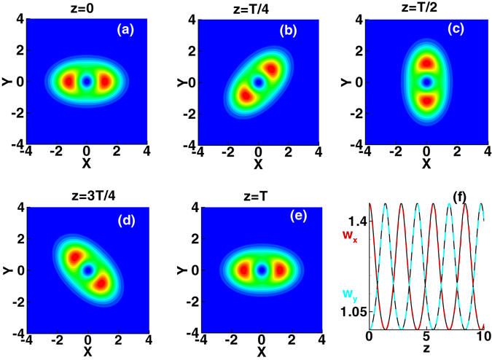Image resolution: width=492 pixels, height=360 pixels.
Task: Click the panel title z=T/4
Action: pyautogui.click(x=258, y=7)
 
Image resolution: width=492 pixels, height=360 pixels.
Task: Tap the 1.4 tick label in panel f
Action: pyautogui.click(x=354, y=220)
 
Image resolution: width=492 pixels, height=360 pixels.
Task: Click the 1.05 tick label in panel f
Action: pyautogui.click(x=350, y=313)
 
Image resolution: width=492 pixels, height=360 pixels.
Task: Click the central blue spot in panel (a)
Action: pyautogui.click(x=87, y=82)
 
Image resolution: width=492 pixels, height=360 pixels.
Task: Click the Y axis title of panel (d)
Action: pyautogui.click(x=7, y=270)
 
